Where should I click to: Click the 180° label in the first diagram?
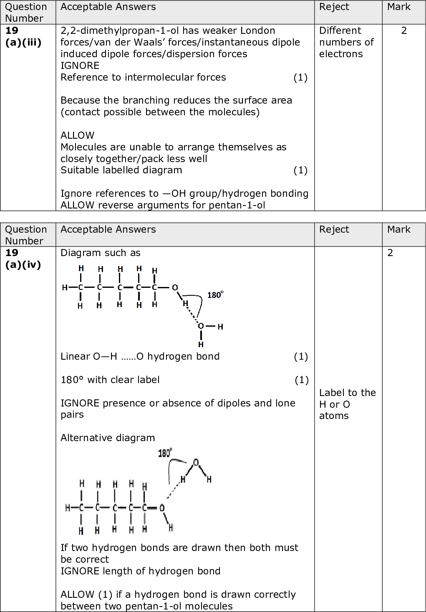tap(215, 295)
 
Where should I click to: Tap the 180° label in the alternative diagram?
tap(164, 453)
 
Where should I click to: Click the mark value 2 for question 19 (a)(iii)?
tap(403, 30)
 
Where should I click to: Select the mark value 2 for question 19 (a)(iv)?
tap(390, 253)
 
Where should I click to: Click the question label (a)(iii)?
tap(23, 42)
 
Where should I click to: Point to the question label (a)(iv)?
tap(23, 264)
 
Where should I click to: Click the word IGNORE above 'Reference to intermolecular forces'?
tap(80, 66)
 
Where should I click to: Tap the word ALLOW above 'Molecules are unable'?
tap(78, 135)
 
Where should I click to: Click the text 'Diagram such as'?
tap(101, 253)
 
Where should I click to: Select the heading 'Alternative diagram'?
tap(108, 438)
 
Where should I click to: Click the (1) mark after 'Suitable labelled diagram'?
tap(300, 170)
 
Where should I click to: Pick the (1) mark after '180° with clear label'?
tap(301, 380)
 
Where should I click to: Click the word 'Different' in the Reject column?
tap(340, 30)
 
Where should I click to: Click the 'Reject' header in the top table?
tap(334, 7)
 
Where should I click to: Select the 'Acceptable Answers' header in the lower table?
tap(108, 229)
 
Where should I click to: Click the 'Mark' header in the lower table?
tap(398, 229)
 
